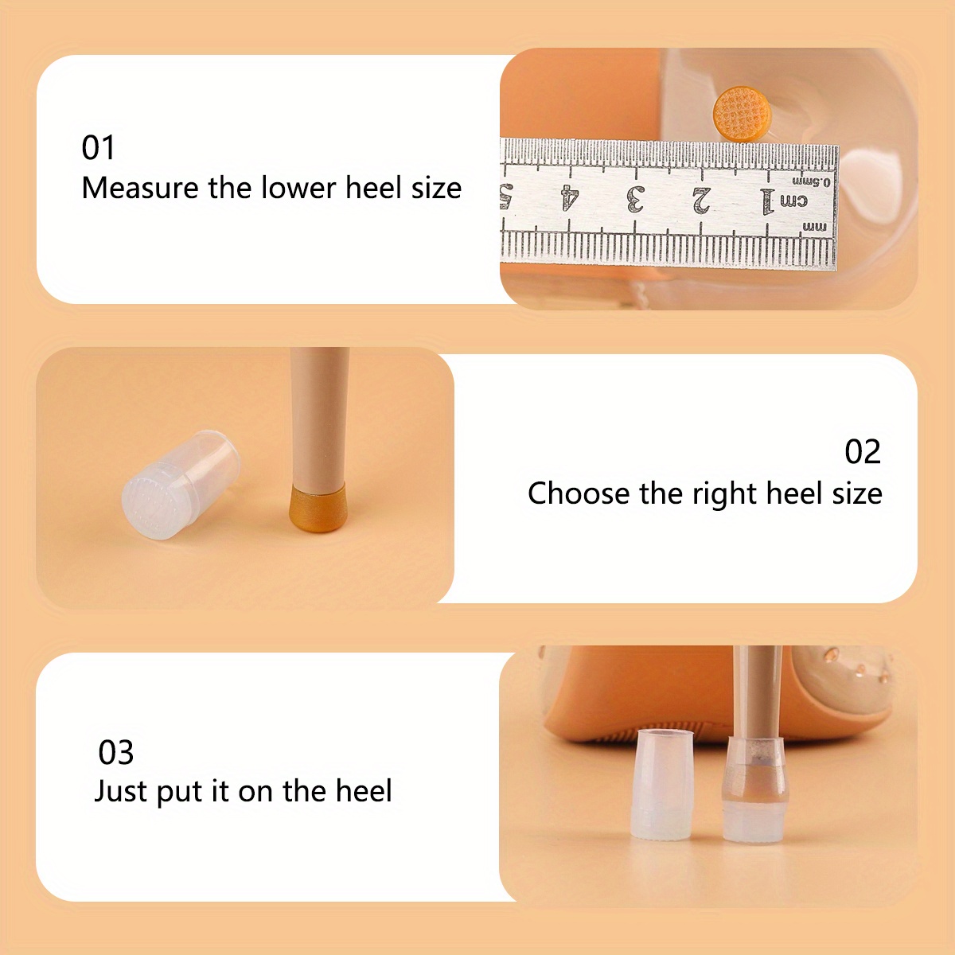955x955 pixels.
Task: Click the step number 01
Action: click(x=98, y=148)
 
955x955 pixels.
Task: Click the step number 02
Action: click(x=863, y=452)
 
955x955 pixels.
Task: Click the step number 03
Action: click(x=115, y=752)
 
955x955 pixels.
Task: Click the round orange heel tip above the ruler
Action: click(x=742, y=114)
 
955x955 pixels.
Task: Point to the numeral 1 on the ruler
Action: click(x=768, y=201)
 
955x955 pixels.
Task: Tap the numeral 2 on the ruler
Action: click(x=701, y=201)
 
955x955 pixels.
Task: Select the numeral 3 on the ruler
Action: click(x=635, y=199)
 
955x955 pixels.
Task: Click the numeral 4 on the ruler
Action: click(x=570, y=197)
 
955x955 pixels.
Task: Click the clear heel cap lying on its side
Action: click(x=181, y=484)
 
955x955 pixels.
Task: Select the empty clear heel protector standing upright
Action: click(x=663, y=785)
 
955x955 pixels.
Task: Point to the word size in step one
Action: click(x=436, y=189)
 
